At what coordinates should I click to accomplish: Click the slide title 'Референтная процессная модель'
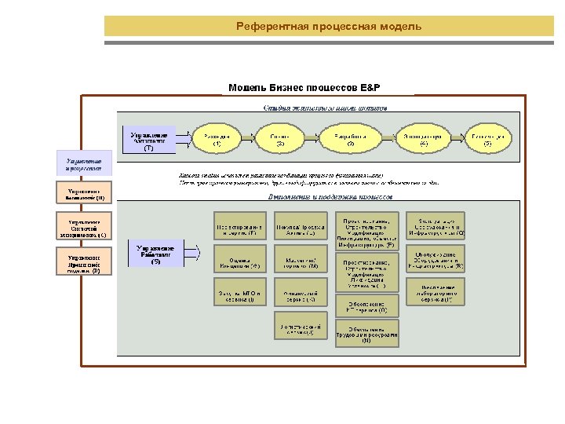click(x=329, y=27)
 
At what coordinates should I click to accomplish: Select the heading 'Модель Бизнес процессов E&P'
click(x=303, y=87)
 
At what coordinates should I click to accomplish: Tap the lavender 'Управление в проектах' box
click(x=84, y=163)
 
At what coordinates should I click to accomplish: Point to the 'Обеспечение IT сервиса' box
click(x=366, y=305)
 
